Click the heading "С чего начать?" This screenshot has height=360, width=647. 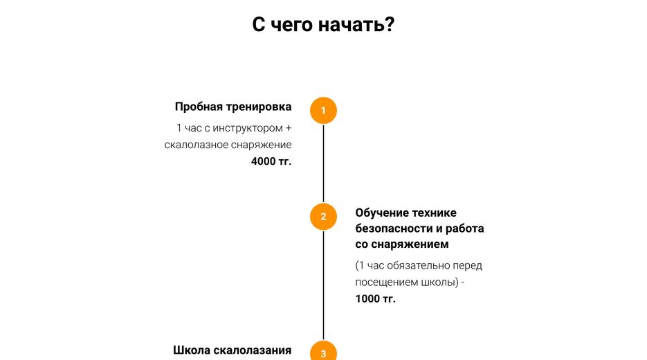[324, 25]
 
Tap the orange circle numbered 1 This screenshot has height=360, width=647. [324, 111]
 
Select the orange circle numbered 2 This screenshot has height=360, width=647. [324, 217]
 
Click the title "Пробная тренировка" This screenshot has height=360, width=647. [233, 107]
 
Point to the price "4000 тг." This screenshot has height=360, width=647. [271, 161]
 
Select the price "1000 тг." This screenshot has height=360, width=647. [376, 298]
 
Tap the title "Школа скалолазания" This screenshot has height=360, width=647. [233, 350]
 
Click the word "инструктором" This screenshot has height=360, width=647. [248, 128]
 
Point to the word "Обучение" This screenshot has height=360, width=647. [380, 213]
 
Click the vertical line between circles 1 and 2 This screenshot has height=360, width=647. [324, 163]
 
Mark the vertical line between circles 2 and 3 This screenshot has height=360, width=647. [324, 285]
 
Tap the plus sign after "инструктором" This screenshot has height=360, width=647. [289, 128]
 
